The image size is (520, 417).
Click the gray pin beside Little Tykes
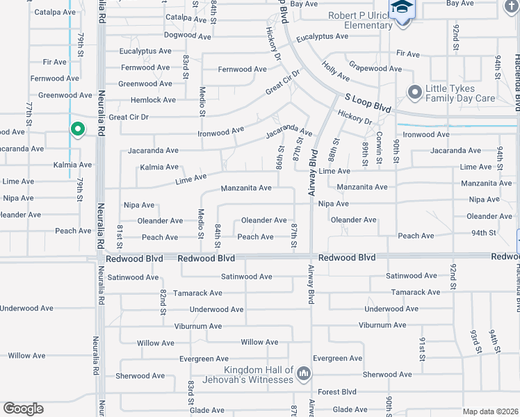[x=415, y=92]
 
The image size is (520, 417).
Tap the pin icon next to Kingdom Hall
[x=303, y=375]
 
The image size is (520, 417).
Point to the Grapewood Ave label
[x=375, y=69]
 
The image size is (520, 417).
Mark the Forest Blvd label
[x=338, y=391]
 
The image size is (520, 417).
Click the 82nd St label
[x=163, y=301]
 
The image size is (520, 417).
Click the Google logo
[x=24, y=409]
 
